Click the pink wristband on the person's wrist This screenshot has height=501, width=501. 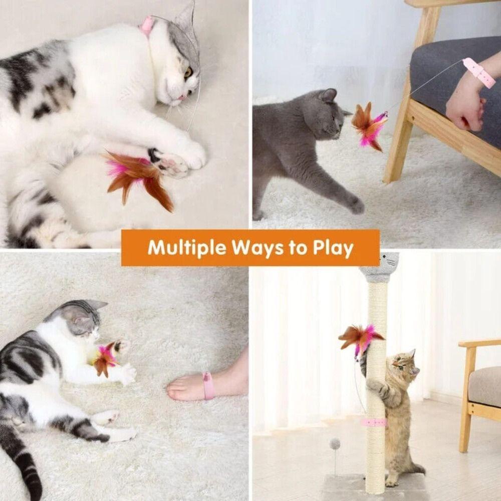point(479,72)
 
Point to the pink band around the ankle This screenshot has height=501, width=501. point(208,386)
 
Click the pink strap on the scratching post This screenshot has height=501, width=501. point(374,422)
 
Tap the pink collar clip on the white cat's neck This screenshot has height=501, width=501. point(146,26)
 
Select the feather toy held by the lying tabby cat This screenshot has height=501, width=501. point(105,358)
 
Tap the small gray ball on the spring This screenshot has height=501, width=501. point(335,443)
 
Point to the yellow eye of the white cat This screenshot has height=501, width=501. point(188,73)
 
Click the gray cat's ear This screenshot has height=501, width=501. point(329,95)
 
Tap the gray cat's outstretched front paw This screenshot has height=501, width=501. point(357,206)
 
